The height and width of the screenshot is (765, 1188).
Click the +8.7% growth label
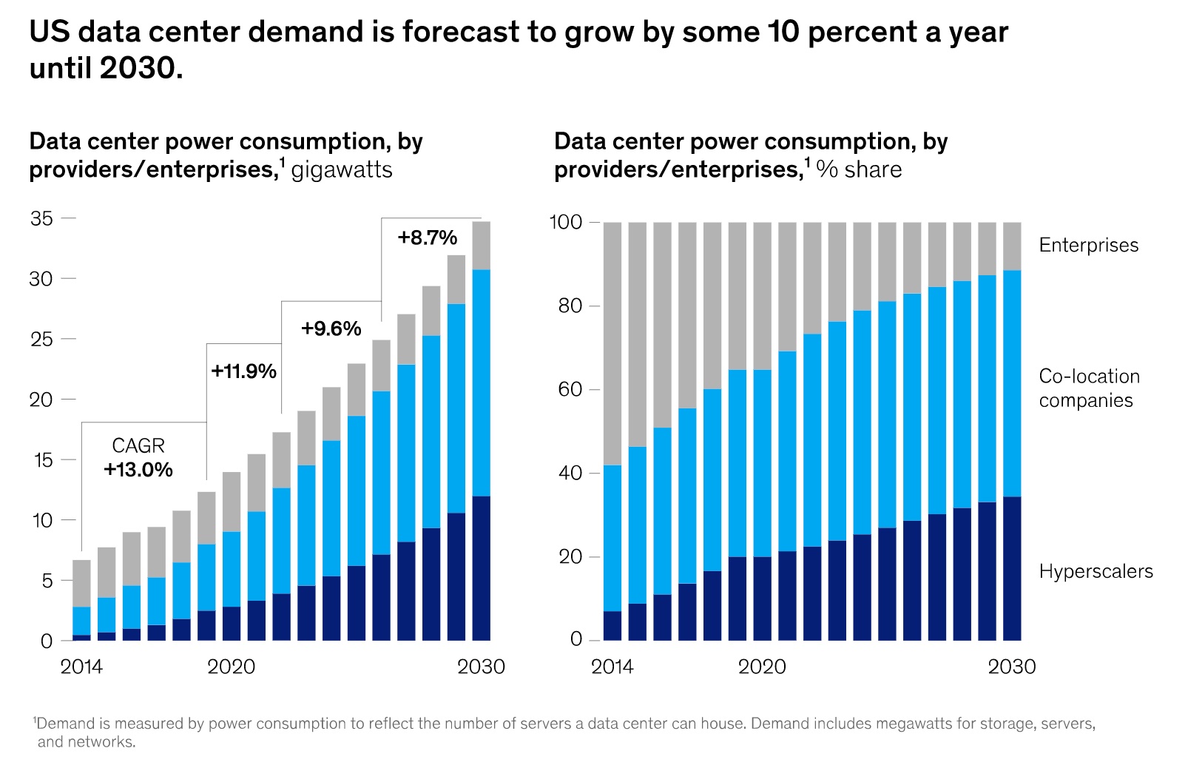(427, 237)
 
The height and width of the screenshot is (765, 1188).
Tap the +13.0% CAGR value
(138, 470)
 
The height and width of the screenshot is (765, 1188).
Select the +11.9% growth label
(243, 371)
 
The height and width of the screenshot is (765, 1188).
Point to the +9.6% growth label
(331, 328)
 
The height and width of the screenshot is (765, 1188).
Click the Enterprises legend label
(1088, 246)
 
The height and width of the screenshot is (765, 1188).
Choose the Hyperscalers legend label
(1096, 571)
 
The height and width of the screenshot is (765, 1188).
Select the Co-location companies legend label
(1089, 388)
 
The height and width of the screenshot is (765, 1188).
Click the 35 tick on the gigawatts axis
(41, 218)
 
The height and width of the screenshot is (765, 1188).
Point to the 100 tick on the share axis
(566, 222)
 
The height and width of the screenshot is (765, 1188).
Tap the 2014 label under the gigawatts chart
(81, 667)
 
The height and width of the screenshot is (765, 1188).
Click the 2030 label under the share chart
(1011, 667)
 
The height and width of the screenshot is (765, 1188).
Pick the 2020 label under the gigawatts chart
(231, 667)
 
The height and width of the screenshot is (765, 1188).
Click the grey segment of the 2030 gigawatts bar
(481, 246)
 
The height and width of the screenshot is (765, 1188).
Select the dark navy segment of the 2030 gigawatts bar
(481, 568)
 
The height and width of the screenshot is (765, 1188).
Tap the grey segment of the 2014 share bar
(612, 343)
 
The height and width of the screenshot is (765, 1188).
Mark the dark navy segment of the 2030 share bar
(1011, 568)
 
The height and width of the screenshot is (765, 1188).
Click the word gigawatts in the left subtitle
(342, 170)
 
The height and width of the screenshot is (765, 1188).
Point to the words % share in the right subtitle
(859, 170)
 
